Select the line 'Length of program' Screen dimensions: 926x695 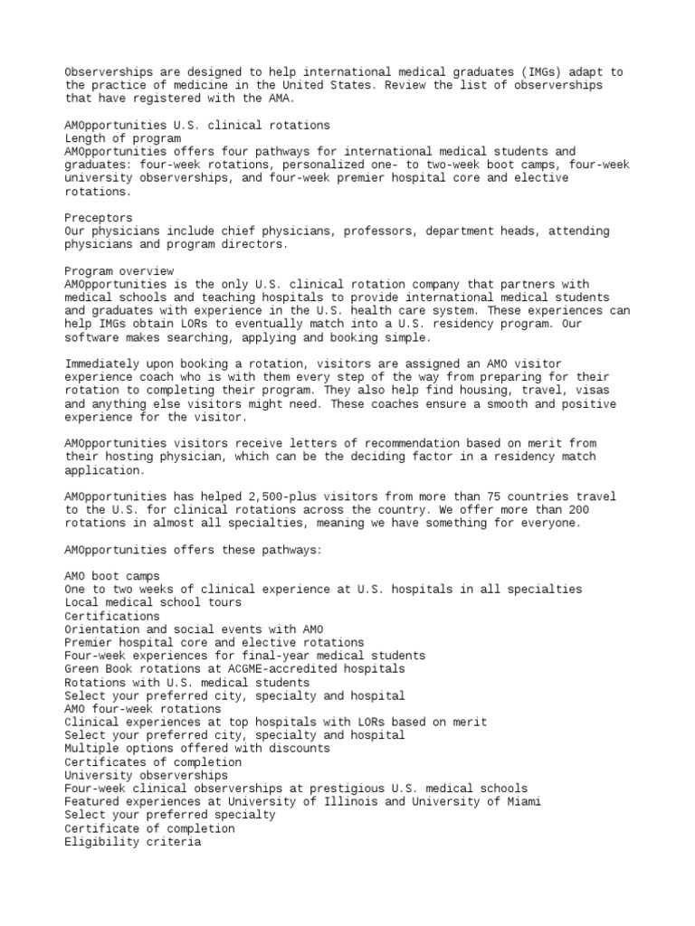coord(123,138)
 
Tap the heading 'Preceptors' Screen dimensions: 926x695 coord(99,218)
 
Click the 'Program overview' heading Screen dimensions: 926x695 coord(119,270)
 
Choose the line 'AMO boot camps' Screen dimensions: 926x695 coord(112,576)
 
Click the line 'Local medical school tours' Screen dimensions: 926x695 coord(153,602)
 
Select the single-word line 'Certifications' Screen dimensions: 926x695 coord(112,616)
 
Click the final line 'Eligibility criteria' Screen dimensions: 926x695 coord(133,842)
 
